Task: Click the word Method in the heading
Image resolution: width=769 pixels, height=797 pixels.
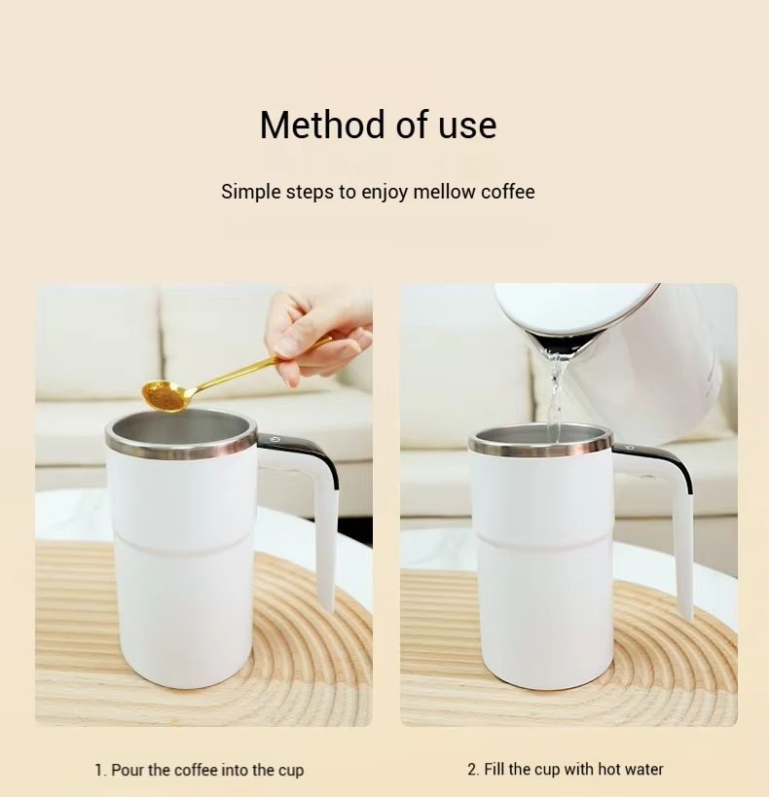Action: [322, 125]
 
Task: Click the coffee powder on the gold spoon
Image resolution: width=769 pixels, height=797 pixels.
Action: [164, 395]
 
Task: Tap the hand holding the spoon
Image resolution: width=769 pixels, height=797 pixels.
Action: [319, 335]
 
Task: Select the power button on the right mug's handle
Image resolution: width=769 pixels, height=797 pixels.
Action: [630, 448]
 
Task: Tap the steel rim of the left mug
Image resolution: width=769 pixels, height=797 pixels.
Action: [182, 445]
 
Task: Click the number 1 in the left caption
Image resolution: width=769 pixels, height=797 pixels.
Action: [99, 770]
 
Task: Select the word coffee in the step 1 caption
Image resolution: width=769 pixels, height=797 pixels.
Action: [194, 770]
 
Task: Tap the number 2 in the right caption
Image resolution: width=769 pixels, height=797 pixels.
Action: [472, 769]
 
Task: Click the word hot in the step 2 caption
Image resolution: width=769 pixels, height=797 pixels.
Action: [607, 769]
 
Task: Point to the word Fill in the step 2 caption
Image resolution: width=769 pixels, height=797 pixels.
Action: [494, 769]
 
